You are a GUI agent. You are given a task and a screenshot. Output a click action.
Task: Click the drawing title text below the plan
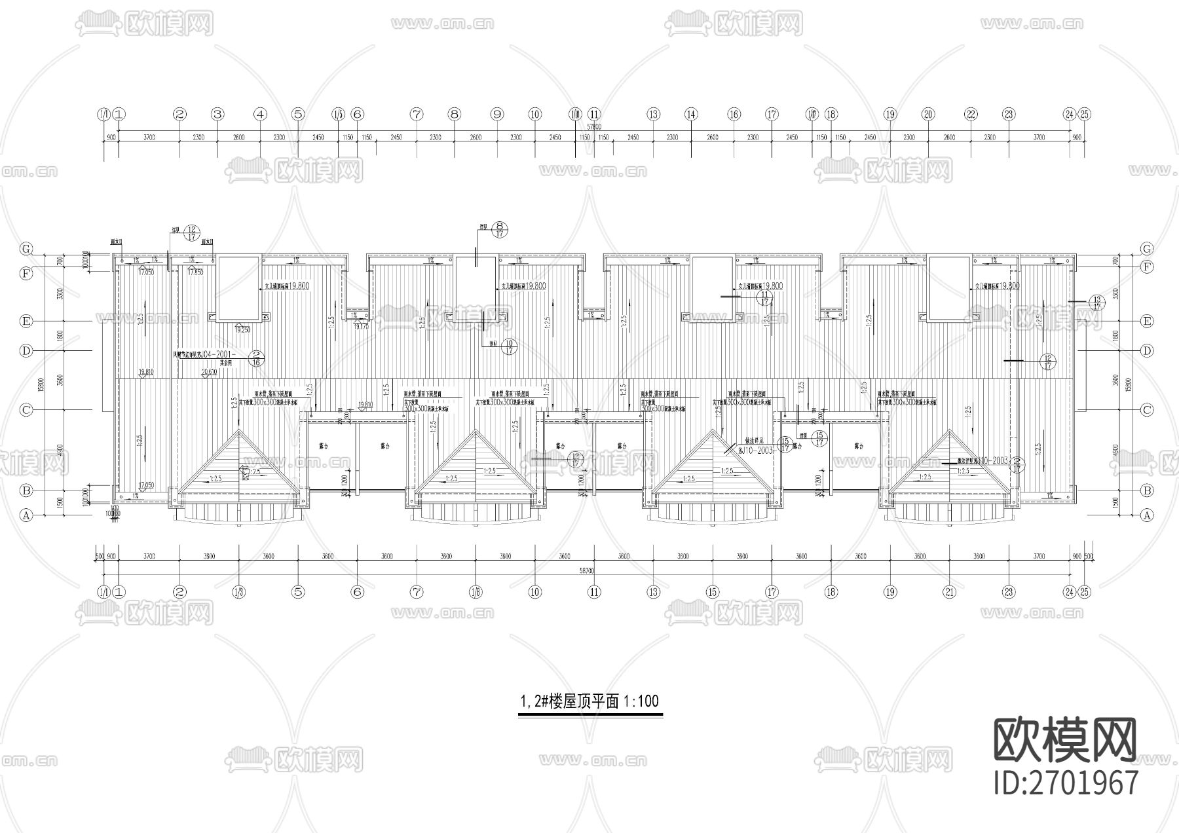pos(589,701)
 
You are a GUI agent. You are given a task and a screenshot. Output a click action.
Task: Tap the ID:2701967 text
pos(1066,783)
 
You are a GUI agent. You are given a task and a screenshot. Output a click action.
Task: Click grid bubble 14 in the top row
pos(691,114)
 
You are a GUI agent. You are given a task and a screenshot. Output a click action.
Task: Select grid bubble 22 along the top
pos(971,114)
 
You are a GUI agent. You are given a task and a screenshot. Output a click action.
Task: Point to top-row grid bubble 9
pos(497,114)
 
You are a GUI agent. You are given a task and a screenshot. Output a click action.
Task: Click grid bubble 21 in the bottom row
pos(950,592)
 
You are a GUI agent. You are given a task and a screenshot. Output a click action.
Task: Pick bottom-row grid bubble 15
pos(713,592)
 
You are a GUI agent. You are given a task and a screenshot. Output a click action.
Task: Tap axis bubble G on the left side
pos(27,249)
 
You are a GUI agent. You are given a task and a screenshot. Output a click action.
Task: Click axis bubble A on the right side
pos(1147,515)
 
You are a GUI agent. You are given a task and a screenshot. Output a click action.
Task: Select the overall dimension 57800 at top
pos(593,125)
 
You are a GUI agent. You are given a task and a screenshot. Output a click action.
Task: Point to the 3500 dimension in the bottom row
pos(209,557)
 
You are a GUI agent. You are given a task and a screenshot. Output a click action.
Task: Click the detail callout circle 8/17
pos(501,228)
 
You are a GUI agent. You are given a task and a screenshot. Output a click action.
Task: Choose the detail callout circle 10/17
pos(508,346)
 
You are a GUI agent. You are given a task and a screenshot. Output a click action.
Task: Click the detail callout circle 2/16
pos(257,357)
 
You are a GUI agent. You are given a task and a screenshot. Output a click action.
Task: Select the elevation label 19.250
pos(242,329)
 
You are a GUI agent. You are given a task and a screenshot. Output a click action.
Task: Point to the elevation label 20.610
pos(209,372)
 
